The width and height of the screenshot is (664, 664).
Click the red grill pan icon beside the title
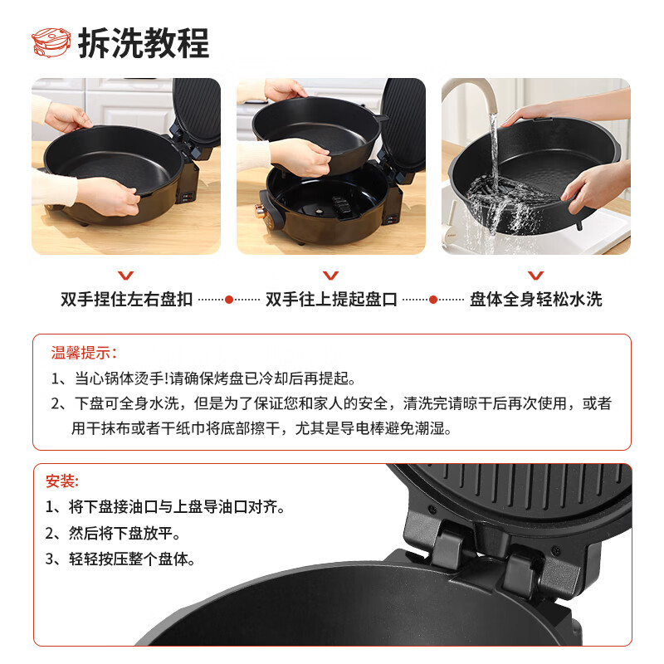point(51,42)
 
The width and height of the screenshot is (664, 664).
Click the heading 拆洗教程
point(144,43)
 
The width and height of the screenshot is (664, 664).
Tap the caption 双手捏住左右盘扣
point(126,300)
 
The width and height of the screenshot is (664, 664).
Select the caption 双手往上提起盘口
point(331,300)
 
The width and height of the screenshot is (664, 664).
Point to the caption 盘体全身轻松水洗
point(535,300)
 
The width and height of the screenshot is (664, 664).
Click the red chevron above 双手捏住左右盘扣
point(126,276)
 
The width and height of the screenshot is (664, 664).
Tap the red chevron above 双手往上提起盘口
point(330,276)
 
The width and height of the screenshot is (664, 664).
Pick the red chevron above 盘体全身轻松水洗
point(535,276)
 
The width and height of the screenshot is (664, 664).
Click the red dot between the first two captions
point(229,300)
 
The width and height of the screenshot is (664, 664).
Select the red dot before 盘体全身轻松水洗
point(432,300)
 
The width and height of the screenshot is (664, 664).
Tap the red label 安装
point(62,481)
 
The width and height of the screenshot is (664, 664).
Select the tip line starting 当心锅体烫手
point(203,378)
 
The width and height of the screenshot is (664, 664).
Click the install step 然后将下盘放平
point(113,533)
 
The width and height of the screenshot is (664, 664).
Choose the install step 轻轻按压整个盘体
point(120,559)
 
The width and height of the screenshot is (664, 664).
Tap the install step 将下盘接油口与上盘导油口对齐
point(165,507)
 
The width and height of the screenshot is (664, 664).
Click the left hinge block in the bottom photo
point(441,537)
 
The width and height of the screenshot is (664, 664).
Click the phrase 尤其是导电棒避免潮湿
point(373,428)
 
